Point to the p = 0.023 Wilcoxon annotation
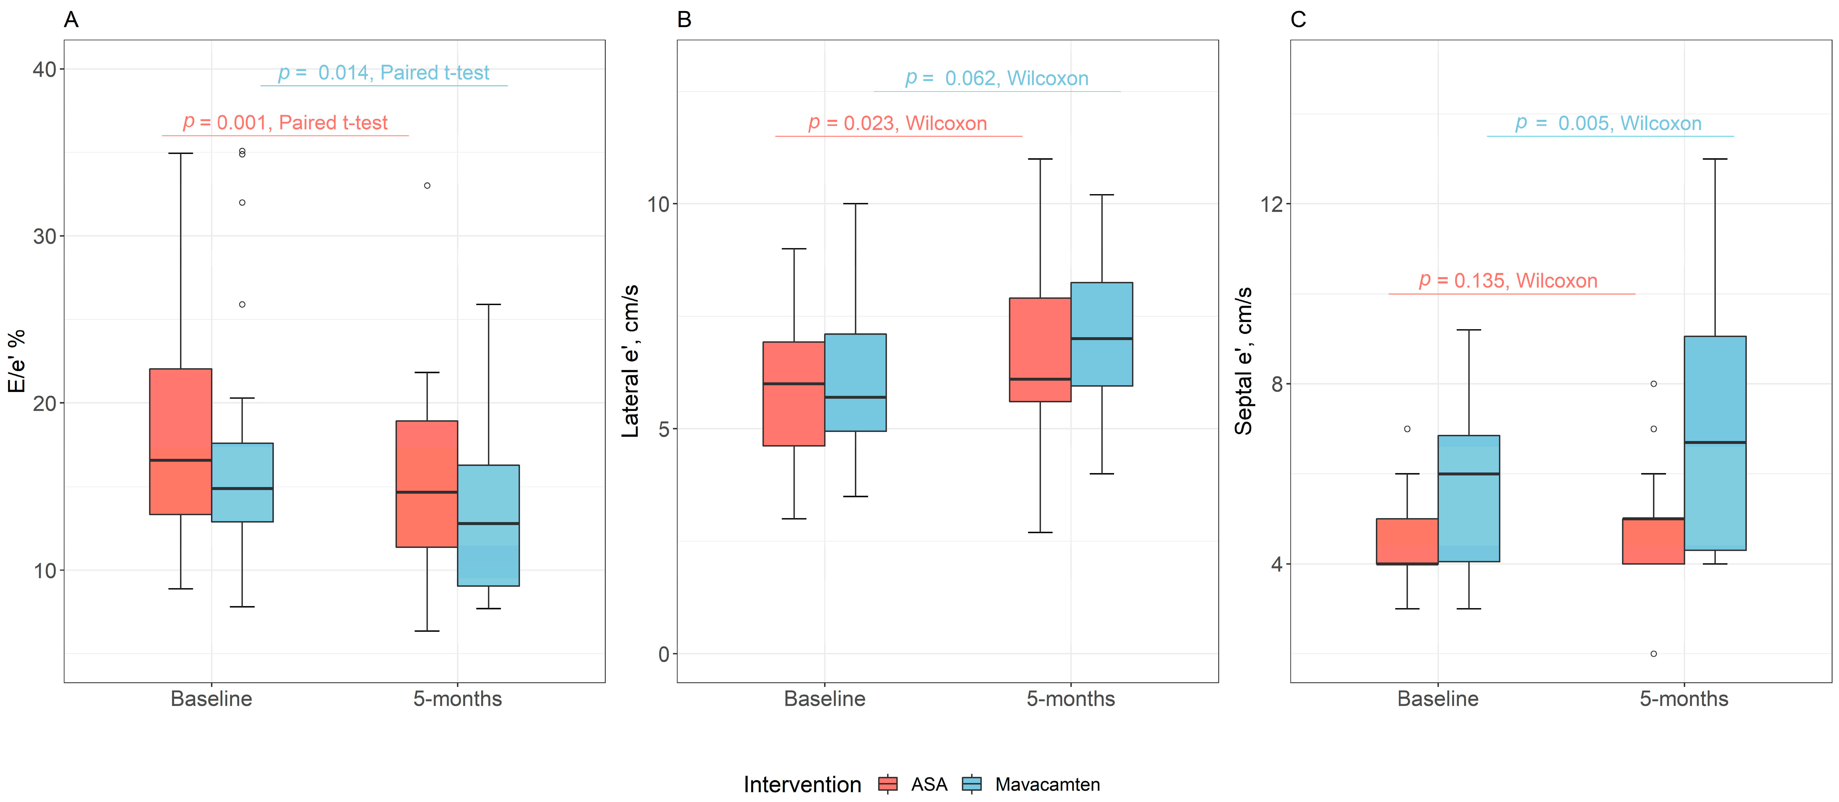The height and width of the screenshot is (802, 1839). [897, 123]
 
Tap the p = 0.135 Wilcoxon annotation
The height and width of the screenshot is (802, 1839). [1508, 281]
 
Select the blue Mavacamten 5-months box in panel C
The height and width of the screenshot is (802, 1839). [1715, 443]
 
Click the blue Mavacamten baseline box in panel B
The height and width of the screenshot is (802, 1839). [855, 382]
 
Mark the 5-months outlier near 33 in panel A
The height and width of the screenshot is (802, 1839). [427, 186]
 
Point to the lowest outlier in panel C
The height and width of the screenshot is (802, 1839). [1654, 653]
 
